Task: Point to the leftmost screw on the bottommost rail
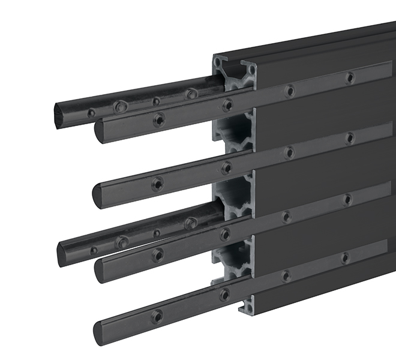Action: pyautogui.click(x=157, y=316)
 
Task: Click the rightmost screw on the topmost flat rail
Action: pyautogui.click(x=350, y=77)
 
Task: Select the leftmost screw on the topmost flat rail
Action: pyautogui.click(x=158, y=120)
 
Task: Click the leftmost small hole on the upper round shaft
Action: pyautogui.click(x=91, y=112)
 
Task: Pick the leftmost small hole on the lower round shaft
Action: pyautogui.click(x=94, y=249)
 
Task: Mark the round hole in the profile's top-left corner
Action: pyautogui.click(x=220, y=62)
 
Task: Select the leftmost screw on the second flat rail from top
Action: pyautogui.click(x=157, y=184)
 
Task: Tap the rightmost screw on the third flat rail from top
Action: pyautogui.click(x=347, y=199)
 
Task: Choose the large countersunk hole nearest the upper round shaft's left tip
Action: pyautogui.click(x=121, y=106)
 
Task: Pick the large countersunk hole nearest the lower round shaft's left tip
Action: pyautogui.click(x=122, y=242)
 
